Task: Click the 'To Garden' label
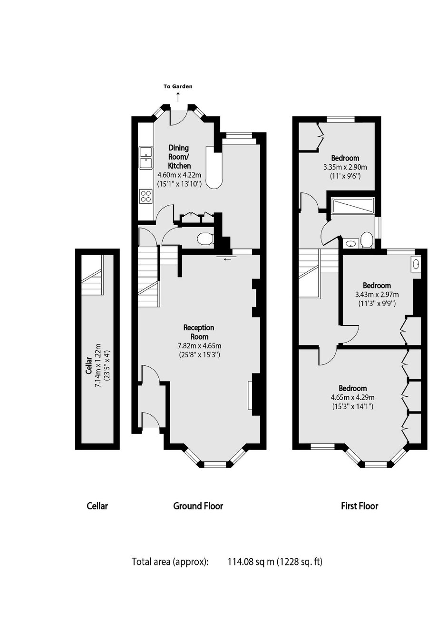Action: (x=178, y=86)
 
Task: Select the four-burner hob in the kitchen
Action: (x=146, y=196)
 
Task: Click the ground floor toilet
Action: (x=205, y=239)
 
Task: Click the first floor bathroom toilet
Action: (x=367, y=240)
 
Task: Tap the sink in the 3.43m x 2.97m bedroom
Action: (x=416, y=264)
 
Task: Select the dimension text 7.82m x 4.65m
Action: (x=199, y=345)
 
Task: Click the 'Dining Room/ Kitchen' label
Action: (x=179, y=157)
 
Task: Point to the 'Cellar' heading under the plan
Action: (x=97, y=506)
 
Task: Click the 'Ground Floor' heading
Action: (x=198, y=506)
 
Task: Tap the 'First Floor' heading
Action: (x=360, y=506)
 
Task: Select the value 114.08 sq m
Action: (x=251, y=562)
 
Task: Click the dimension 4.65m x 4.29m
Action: (x=352, y=398)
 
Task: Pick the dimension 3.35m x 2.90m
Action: (x=345, y=167)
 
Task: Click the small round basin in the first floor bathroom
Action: (x=351, y=243)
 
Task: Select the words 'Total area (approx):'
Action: (x=170, y=562)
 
